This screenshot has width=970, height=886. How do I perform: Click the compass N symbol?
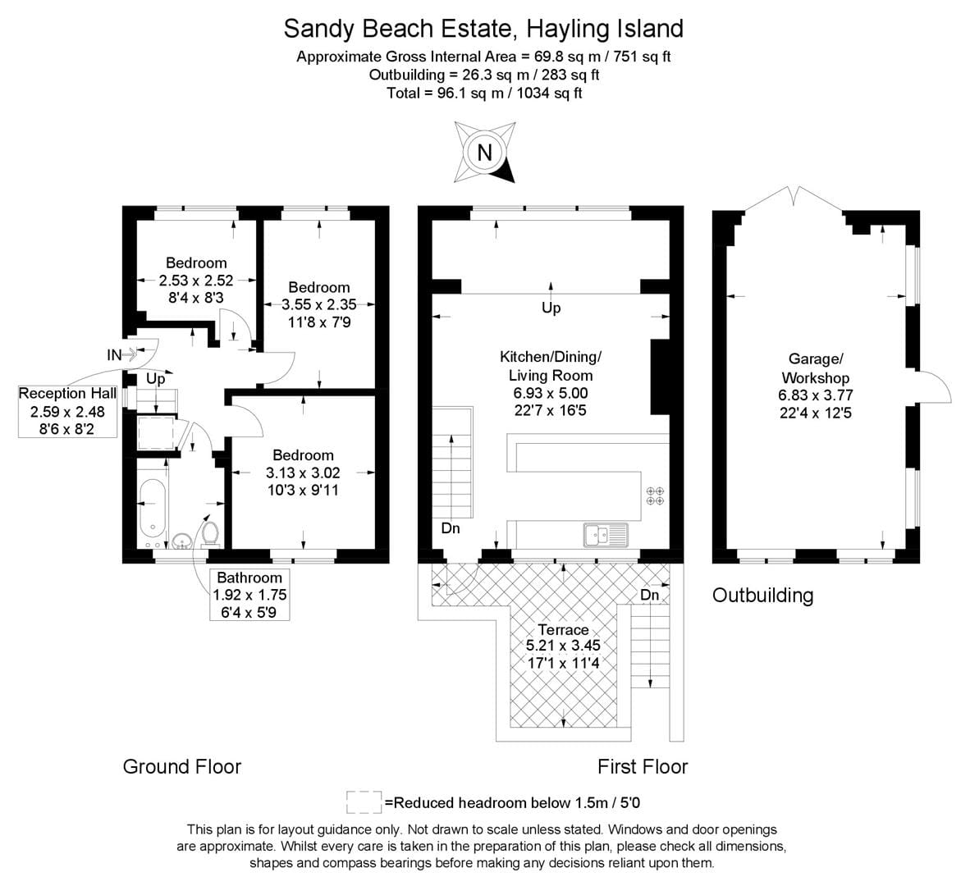point(485,153)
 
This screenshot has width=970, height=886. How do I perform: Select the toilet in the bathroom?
point(210,532)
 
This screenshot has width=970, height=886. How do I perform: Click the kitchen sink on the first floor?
point(605,535)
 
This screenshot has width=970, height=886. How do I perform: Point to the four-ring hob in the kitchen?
point(655,496)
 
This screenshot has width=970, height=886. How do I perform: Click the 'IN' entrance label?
point(115,355)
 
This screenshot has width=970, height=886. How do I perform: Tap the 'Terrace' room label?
point(563,629)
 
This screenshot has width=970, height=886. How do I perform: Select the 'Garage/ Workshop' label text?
point(815,368)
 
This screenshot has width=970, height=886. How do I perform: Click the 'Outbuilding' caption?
point(762,595)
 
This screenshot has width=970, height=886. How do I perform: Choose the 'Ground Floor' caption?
point(181,766)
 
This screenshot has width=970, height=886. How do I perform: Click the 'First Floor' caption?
point(642,766)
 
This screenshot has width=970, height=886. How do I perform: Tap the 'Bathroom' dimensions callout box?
point(249,595)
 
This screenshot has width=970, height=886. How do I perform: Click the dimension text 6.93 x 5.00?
point(551,394)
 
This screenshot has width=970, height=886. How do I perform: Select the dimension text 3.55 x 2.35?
point(318,304)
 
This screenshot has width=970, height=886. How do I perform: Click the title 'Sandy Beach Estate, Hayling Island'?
point(483,29)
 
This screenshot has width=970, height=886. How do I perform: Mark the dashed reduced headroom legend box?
point(363,802)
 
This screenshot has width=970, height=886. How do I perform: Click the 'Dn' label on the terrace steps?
point(649,594)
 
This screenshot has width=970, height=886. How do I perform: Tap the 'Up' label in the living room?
point(551,308)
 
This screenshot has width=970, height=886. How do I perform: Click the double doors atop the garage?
point(793,197)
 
